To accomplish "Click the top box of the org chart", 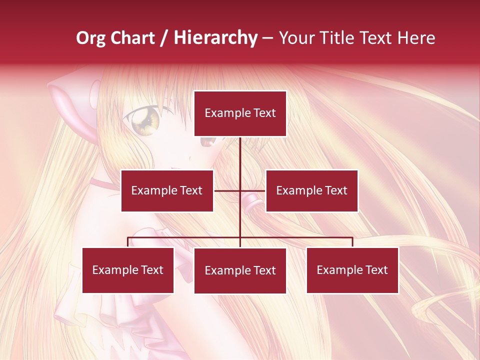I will click(240, 113).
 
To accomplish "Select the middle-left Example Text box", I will click(167, 190).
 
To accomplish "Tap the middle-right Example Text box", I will click(311, 190).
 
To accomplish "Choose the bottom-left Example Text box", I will click(128, 270).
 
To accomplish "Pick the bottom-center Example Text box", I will click(240, 270).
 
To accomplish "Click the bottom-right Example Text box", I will click(352, 270).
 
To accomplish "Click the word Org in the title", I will click(90, 38).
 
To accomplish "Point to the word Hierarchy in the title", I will click(215, 38).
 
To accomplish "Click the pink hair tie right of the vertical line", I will click(251, 202).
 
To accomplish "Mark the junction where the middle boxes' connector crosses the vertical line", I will click(240, 190).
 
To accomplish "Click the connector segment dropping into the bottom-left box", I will click(128, 242).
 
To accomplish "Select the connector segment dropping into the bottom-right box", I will click(352, 242).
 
